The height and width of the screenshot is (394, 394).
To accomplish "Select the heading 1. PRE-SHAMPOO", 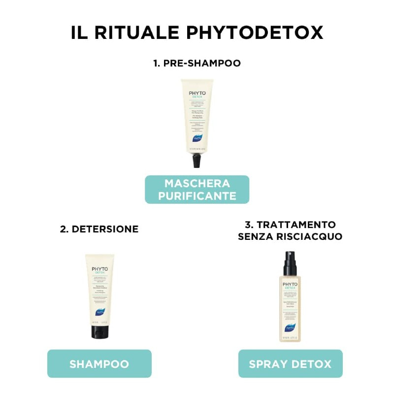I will coord(197,63).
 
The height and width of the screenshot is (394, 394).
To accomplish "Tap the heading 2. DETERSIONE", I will coord(99,229).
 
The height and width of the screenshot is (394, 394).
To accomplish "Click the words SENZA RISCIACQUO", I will coord(290,237).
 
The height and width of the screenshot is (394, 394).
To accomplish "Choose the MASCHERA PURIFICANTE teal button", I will coord(197,190).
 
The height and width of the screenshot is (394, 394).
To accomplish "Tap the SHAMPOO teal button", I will coord(99,364).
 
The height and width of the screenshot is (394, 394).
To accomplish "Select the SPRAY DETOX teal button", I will coord(290,364).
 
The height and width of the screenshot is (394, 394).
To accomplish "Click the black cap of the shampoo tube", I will coord(99,331).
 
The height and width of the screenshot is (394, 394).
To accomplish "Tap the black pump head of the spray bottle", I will coord(290,264).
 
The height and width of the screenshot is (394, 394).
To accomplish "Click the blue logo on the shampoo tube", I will coord(99,311).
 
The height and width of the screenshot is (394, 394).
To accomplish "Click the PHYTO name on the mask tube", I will coord(197,93).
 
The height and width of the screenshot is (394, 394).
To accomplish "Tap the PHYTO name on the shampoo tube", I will coord(99,269).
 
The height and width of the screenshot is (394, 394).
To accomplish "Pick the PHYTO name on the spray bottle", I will coord(290,284).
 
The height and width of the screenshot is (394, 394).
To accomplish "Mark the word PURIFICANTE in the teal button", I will coord(197,196).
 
